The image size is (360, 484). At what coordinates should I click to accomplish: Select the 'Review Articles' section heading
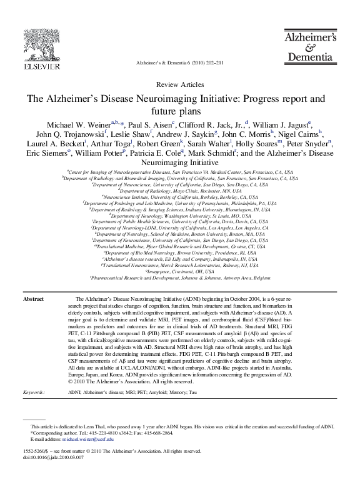pyautogui.click(x=179, y=84)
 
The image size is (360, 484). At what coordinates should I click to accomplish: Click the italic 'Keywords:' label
pyautogui.click(x=34, y=393)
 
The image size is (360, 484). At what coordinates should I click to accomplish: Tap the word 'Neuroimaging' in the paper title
pyautogui.click(x=171, y=99)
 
